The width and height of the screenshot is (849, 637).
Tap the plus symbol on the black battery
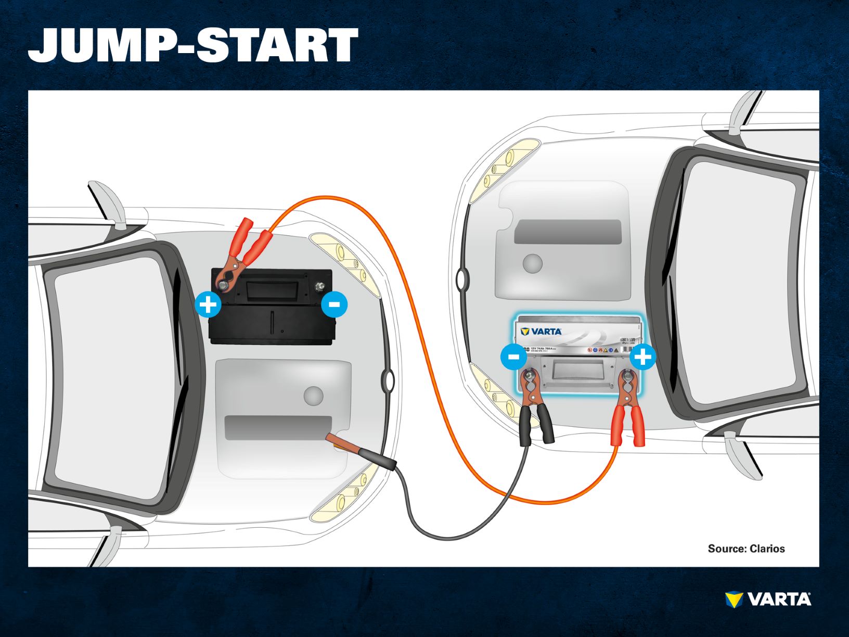tap(208, 304)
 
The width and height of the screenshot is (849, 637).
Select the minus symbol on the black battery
tap(334, 304)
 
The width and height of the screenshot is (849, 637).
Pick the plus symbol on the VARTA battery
tap(643, 357)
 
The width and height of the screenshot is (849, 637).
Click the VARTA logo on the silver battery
tap(542, 332)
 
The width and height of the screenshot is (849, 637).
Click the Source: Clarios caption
tap(746, 549)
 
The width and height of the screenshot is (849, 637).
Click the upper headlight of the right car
tap(502, 169)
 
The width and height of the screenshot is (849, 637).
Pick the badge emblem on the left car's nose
tap(388, 380)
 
